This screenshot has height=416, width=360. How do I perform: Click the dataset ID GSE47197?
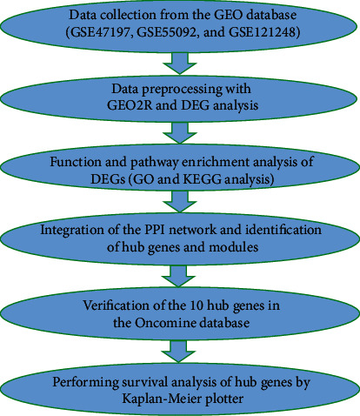click(x=100, y=32)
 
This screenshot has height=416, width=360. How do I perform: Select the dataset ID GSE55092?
click(x=166, y=32)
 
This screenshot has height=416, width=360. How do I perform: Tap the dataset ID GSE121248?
click(x=263, y=32)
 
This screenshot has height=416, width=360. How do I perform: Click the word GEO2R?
click(x=130, y=105)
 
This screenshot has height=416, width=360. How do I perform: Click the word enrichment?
click(x=215, y=162)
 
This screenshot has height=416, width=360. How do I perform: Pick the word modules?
click(x=233, y=247)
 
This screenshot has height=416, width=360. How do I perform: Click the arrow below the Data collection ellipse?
click(x=180, y=63)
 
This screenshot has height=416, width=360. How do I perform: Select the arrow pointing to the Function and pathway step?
click(x=180, y=132)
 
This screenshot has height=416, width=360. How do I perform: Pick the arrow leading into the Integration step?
click(x=180, y=201)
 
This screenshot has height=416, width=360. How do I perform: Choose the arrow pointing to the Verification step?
click(x=178, y=276)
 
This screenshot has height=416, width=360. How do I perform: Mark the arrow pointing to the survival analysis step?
click(x=178, y=352)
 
